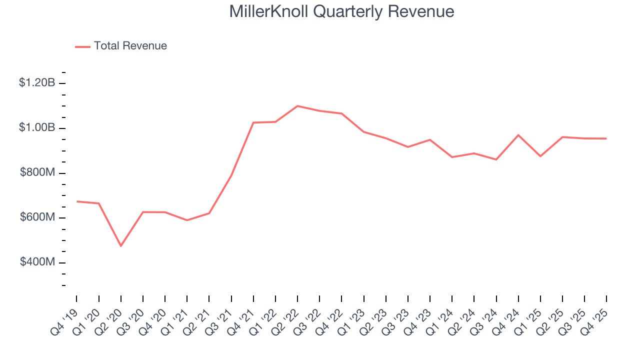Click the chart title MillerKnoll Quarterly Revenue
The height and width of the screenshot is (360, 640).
tap(341, 11)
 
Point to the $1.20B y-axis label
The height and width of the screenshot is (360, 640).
tap(37, 83)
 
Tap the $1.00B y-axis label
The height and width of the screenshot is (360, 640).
tap(37, 128)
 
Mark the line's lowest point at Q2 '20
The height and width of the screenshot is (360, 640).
tap(120, 245)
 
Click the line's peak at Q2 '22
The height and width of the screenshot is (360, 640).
tap(297, 106)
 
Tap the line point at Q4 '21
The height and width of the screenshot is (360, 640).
tap(253, 122)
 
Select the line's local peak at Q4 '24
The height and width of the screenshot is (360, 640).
tap(518, 135)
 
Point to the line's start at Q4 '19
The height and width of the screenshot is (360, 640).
tap(76, 201)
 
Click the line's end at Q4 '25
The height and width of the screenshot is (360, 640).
tap(606, 138)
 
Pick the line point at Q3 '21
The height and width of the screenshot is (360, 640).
tap(231, 175)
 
